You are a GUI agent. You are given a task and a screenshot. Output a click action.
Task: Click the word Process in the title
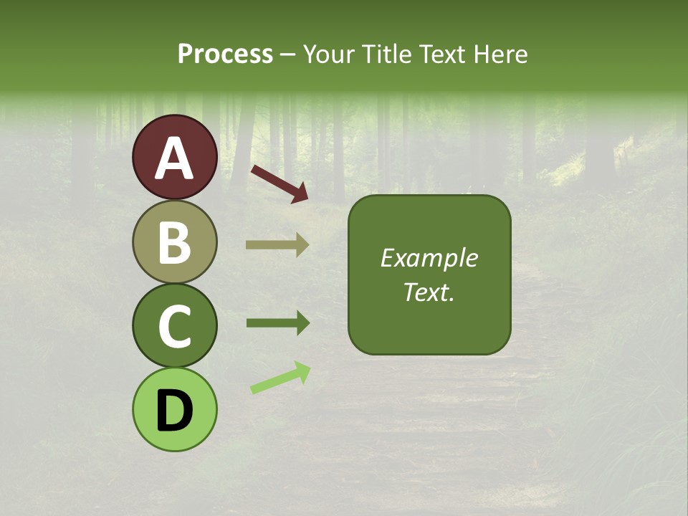point(225,54)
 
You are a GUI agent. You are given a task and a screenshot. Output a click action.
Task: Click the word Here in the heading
point(501,54)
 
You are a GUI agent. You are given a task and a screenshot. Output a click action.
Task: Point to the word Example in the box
point(429,258)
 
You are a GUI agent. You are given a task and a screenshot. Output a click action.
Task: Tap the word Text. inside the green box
point(429,292)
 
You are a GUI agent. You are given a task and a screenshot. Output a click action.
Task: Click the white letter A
point(174,158)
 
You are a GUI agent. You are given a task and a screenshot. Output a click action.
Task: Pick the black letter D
point(174,410)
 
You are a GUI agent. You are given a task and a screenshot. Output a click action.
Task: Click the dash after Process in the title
point(288,54)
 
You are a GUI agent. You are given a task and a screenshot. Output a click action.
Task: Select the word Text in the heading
point(443,54)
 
